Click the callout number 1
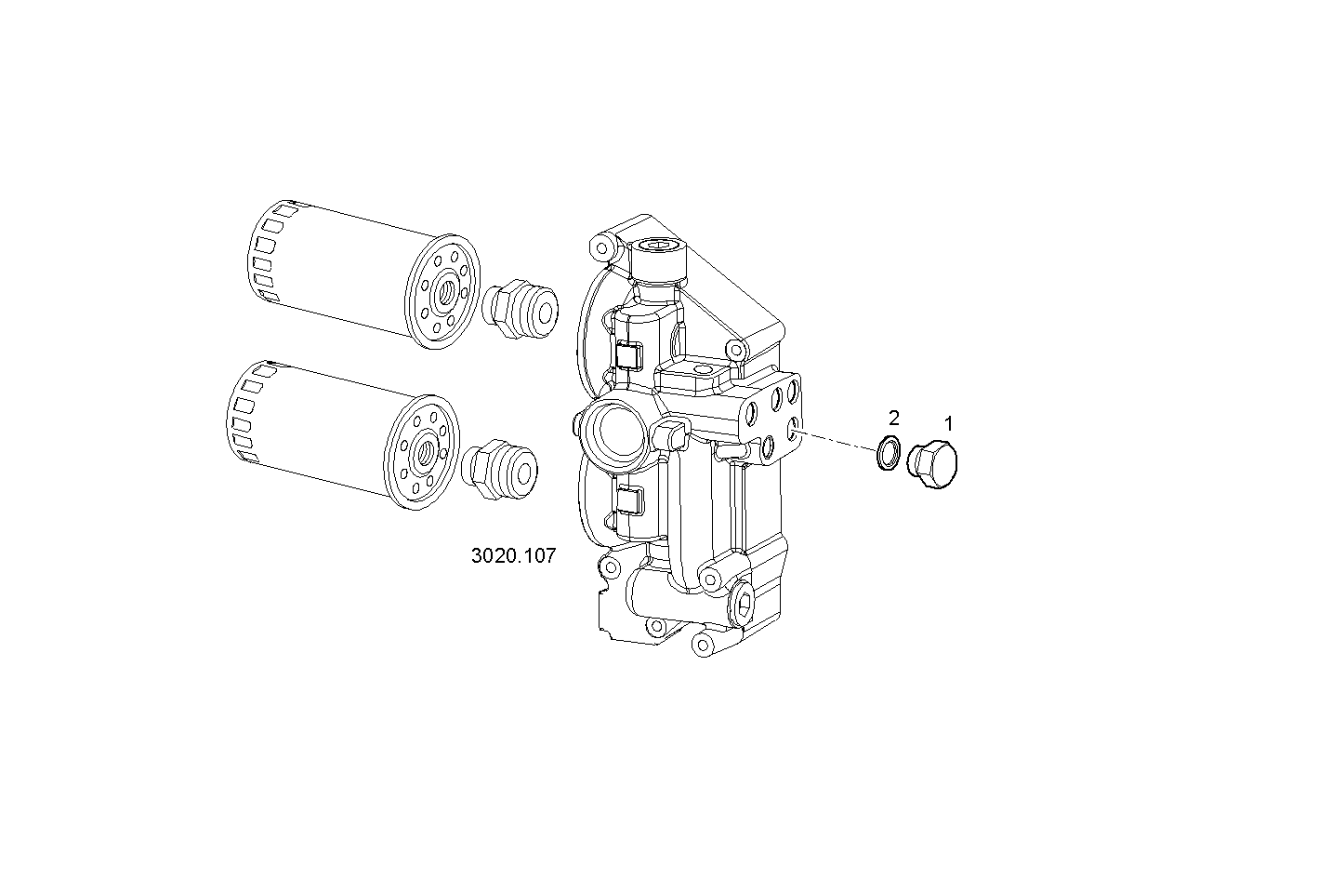pos(948,424)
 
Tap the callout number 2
pos(893,417)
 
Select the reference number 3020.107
pos(513,556)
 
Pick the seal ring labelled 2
pos(889,454)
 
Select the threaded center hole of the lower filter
pos(423,451)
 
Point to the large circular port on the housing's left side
pos(611,430)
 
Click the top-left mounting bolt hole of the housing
pos(601,247)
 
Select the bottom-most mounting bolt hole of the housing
pos(703,643)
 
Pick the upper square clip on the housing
pos(628,354)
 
